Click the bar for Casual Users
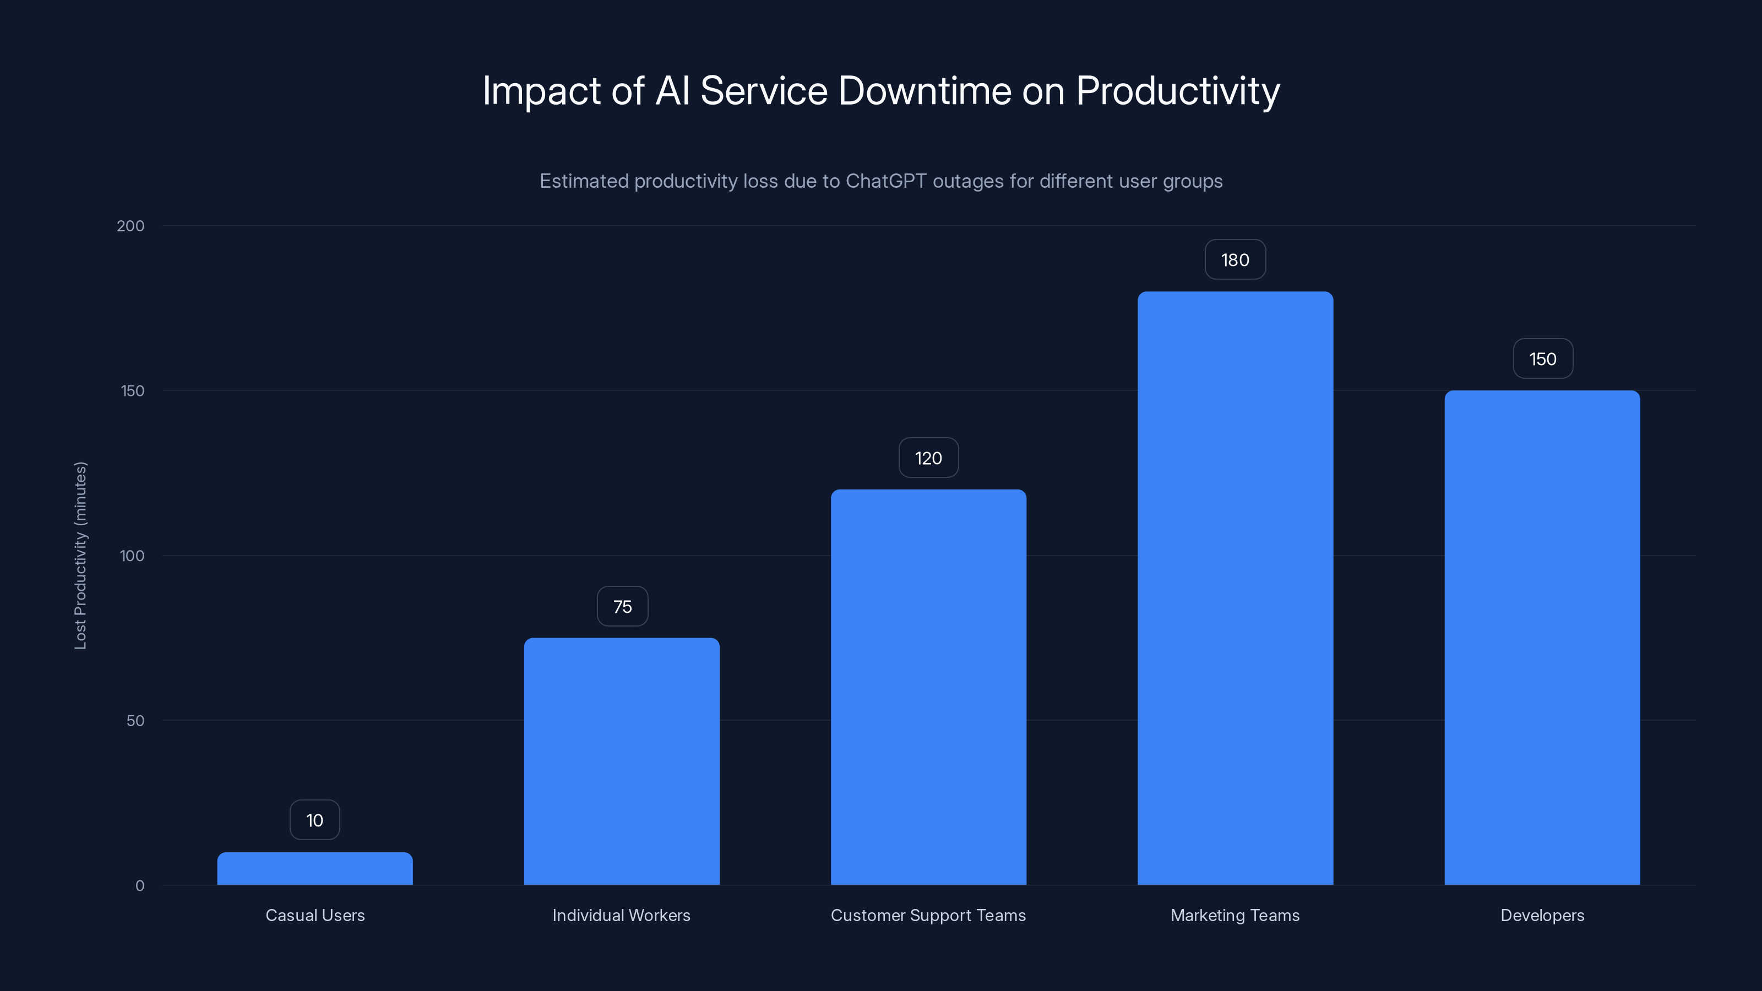pos(314,869)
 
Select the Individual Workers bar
pos(621,761)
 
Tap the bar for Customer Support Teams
pos(928,687)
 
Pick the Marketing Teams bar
pos(1235,588)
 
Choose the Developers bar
pos(1542,638)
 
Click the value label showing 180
pos(1235,260)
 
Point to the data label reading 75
pos(622,607)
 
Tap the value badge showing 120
pos(928,458)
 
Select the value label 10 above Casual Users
pos(314,820)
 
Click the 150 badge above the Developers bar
pos(1542,359)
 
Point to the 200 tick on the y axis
pos(130,226)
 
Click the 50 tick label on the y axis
pos(135,720)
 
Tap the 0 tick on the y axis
pos(139,886)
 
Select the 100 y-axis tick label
pos(132,556)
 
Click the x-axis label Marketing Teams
pos(1235,915)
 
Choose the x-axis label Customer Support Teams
pos(928,915)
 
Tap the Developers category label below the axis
pos(1542,915)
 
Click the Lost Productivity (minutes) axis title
pos(81,556)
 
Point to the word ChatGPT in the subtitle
pos(886,181)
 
